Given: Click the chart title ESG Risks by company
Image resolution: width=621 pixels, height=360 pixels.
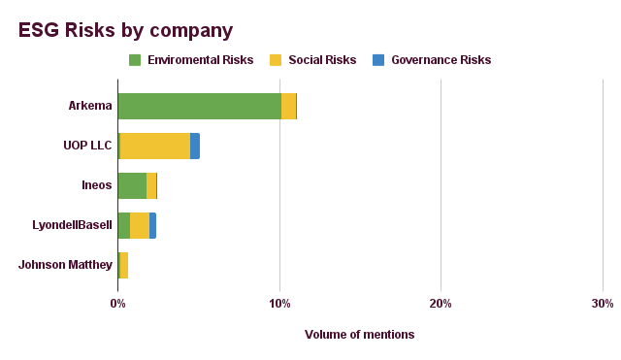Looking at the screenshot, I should coord(126,30).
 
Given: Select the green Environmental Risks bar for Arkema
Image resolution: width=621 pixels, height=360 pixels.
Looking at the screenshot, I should coord(199,106).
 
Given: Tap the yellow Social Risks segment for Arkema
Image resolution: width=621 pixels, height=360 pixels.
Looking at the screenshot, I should coord(288,106).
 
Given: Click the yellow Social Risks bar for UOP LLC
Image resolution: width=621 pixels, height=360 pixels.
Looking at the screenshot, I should coord(155,146).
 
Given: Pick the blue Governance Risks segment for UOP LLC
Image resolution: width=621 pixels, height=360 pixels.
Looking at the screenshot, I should coord(195,146).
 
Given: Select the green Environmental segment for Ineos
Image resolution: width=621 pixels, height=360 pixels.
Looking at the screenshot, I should coord(132,185).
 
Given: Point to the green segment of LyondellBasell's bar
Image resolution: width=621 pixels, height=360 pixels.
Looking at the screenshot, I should coord(124,225).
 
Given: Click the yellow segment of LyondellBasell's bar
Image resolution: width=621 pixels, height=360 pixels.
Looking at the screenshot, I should coord(140,225).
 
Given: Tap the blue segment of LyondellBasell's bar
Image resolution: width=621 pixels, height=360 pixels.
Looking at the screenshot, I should coord(152,225).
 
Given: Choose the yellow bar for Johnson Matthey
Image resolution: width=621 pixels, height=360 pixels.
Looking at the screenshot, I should coord(124,264).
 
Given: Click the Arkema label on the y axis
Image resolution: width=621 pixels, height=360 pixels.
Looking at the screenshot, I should coord(90,106).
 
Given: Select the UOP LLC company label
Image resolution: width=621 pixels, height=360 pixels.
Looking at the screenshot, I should coord(87,146).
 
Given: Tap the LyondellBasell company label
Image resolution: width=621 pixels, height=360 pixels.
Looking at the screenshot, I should coord(72,225).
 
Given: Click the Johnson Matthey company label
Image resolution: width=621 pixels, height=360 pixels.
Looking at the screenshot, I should coord(65,264).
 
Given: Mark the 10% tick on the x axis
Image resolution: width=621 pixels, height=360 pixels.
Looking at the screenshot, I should coord(279,304).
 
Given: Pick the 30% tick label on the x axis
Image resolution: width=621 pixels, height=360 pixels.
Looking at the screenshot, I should coord(602,304).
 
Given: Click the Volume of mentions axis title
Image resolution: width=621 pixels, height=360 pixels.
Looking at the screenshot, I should coord(359,335).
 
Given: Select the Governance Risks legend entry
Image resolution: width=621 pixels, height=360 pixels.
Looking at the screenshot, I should coord(441,60).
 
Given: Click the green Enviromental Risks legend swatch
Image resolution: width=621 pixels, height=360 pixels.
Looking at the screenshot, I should coord(136,60).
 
